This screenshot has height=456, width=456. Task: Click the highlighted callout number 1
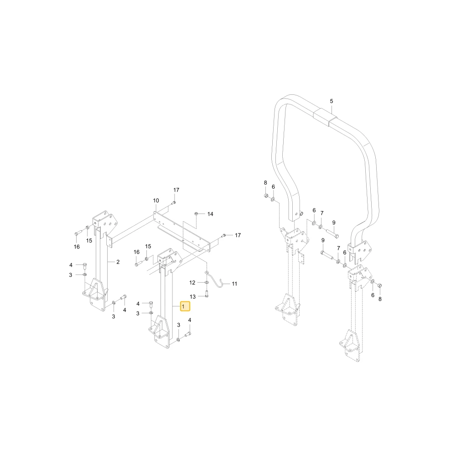[x=183, y=306]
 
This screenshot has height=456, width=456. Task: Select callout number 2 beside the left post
[x=118, y=262]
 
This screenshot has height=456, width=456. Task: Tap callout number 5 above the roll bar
[x=332, y=101]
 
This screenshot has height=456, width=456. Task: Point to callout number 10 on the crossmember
[x=156, y=200]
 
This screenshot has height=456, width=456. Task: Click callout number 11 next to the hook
[x=234, y=284]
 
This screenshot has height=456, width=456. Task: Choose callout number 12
[x=192, y=282]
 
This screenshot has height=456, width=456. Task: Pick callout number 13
[x=192, y=297]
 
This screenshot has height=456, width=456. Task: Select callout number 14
[x=210, y=214]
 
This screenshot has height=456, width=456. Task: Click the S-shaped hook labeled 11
[x=216, y=279]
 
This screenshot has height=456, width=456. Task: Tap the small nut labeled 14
[x=196, y=214]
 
